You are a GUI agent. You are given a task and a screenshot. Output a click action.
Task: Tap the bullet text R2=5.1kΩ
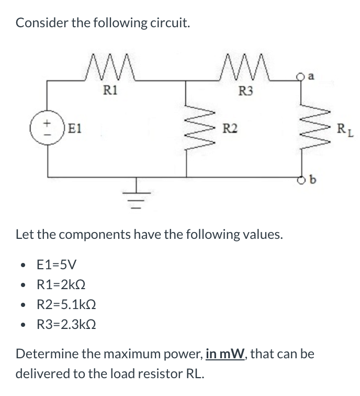click(65, 304)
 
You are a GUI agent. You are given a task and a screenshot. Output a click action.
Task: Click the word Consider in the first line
click(40, 24)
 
